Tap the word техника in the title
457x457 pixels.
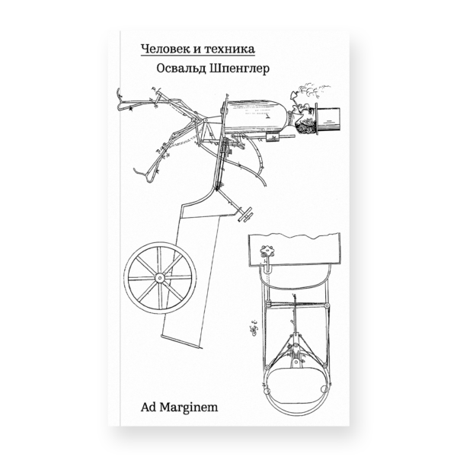[229, 49]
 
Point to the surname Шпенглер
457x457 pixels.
[239, 69]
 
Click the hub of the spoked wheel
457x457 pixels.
[160, 277]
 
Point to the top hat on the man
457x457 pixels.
[328, 120]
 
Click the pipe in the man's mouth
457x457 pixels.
[294, 101]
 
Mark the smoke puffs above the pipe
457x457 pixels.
[313, 91]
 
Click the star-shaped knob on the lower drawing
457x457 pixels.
[267, 251]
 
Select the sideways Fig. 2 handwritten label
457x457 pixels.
[254, 329]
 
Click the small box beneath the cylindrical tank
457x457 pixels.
[273, 136]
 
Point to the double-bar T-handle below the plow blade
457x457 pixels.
[245, 215]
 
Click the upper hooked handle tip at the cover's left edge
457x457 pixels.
[119, 96]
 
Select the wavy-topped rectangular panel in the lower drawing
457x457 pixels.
[294, 250]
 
